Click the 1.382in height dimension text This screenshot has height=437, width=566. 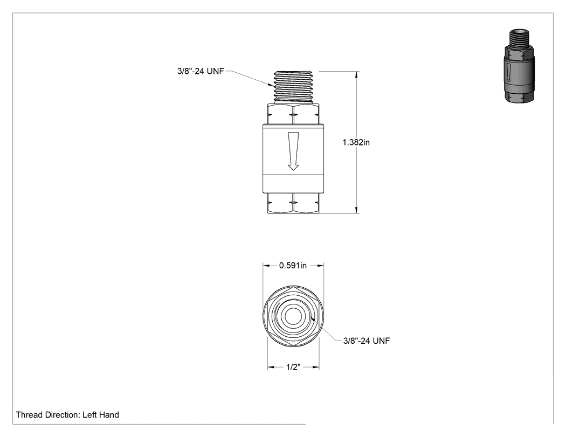[356, 142]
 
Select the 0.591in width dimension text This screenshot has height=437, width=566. [293, 266]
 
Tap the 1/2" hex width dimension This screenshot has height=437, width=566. [293, 367]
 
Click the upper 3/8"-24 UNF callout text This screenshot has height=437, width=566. [201, 71]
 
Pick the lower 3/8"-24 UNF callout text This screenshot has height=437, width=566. [367, 341]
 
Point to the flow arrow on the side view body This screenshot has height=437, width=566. [293, 151]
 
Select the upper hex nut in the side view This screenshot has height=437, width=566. [293, 114]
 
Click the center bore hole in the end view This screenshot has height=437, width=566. [293, 316]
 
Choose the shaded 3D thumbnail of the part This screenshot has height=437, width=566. [519, 66]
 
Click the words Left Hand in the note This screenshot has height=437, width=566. [101, 414]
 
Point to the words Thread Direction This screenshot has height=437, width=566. [47, 414]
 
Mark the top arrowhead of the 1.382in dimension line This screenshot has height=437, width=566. [357, 75]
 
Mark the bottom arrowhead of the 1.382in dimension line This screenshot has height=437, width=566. [357, 210]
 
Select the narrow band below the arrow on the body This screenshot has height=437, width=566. [293, 184]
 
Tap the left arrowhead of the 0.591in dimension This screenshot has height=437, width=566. [266, 266]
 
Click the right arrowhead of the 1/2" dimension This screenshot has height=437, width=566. [316, 367]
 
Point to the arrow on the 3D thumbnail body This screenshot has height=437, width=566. [508, 73]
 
